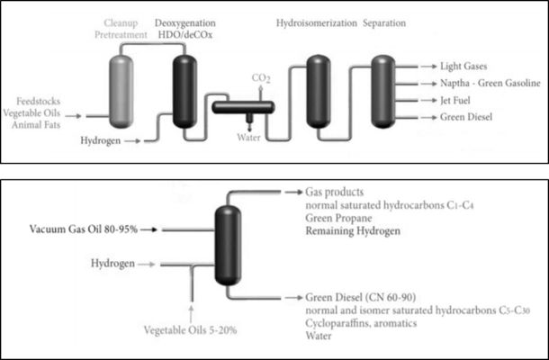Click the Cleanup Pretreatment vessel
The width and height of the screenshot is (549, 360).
[123, 91]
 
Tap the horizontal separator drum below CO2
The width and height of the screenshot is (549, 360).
[243, 108]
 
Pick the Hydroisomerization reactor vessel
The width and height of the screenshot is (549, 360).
[318, 90]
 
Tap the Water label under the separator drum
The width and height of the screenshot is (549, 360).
[248, 138]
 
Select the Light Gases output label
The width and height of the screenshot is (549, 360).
[464, 66]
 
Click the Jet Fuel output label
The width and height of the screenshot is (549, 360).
[459, 100]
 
